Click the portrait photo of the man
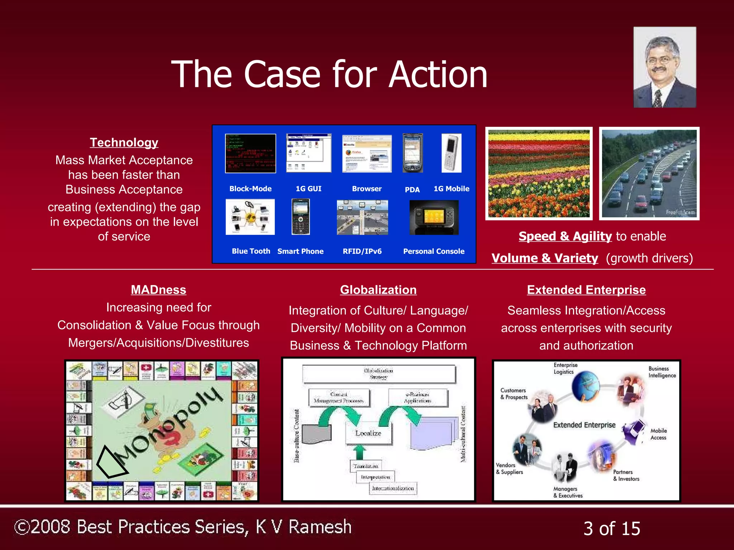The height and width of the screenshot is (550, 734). tap(664, 67)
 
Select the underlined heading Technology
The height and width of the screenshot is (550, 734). tap(124, 143)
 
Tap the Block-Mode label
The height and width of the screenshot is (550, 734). tap(250, 189)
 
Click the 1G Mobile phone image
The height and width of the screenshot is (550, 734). tap(451, 153)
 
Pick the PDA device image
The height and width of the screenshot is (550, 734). tap(413, 153)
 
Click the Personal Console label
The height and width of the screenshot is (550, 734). tap(434, 251)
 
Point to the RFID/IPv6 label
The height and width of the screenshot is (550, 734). tap(362, 251)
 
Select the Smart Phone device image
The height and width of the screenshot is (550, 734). tap(300, 217)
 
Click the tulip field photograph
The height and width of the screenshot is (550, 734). tap(539, 174)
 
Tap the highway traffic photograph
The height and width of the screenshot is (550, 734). tap(649, 174)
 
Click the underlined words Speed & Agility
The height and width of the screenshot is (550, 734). tap(565, 236)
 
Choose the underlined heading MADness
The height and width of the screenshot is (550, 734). tap(158, 290)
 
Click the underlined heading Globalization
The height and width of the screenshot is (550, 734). tap(378, 290)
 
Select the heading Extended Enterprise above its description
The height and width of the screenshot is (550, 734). tap(586, 290)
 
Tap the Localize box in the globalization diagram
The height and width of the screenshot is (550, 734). tap(368, 433)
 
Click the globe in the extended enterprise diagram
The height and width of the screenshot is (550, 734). tap(585, 387)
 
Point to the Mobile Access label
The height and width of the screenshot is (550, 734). tap(658, 434)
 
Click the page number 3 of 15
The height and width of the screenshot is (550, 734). tap(611, 529)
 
